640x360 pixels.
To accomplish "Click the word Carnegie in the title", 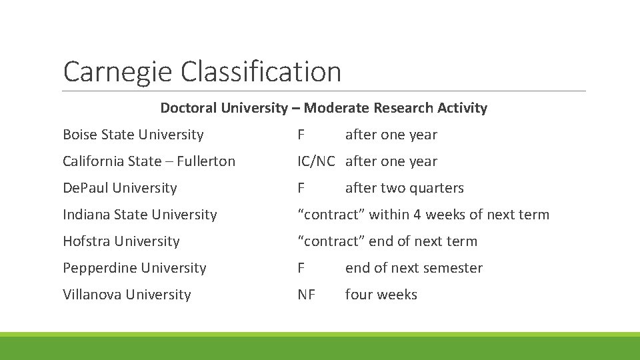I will click(x=115, y=72).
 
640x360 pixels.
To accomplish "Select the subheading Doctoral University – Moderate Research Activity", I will click(x=323, y=108).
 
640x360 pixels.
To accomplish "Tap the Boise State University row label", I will click(x=133, y=135).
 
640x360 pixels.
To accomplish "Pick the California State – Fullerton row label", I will click(x=149, y=161).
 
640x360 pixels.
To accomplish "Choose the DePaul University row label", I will click(x=119, y=188).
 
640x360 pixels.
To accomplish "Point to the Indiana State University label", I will click(x=139, y=215).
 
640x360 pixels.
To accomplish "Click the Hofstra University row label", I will click(x=121, y=241).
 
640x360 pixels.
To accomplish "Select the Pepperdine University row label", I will click(x=134, y=268).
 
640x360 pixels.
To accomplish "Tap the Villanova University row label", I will click(x=127, y=295).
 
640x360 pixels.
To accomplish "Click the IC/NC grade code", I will click(x=316, y=161).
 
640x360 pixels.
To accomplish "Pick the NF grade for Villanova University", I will click(x=306, y=295).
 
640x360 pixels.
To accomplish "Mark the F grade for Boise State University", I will click(x=301, y=135).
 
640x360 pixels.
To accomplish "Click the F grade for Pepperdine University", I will click(x=301, y=268).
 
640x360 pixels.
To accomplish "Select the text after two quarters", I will click(x=404, y=188).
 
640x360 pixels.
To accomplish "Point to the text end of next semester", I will click(x=413, y=268).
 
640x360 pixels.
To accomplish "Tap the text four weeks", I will click(x=381, y=295).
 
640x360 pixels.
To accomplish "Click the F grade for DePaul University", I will click(x=301, y=188).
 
